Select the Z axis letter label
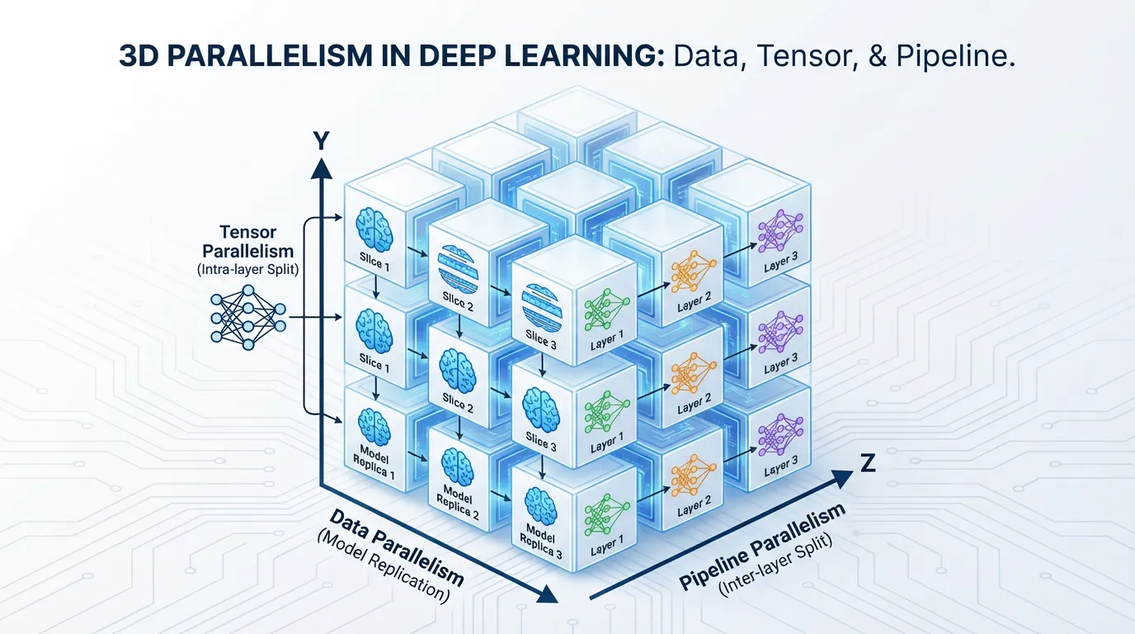pyautogui.click(x=867, y=464)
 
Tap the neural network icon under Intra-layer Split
pyautogui.click(x=247, y=316)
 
